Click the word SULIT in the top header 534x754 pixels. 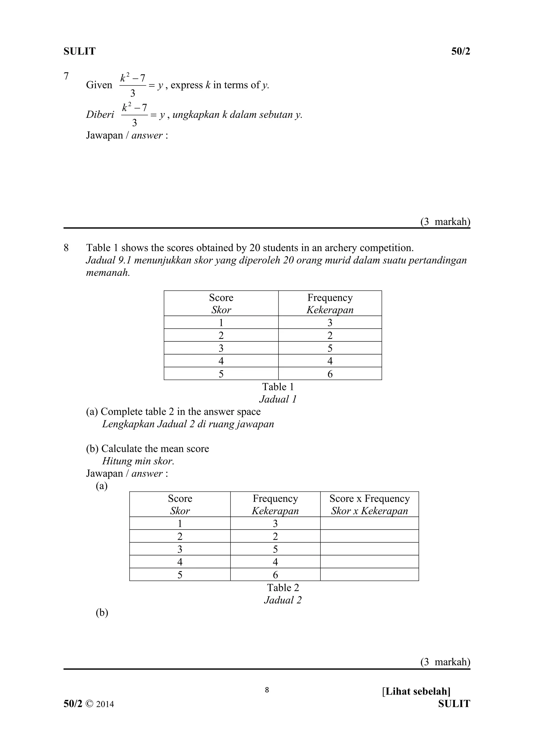pyautogui.click(x=79, y=51)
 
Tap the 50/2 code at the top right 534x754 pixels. pyautogui.click(x=460, y=51)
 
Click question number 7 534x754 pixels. pyautogui.click(x=66, y=76)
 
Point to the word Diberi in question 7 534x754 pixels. pyautogui.click(x=100, y=114)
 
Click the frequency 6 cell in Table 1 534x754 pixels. pyautogui.click(x=330, y=374)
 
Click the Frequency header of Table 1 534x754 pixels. pyautogui.click(x=330, y=297)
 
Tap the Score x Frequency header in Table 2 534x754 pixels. pyautogui.click(x=369, y=498)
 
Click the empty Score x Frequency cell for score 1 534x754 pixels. pyautogui.click(x=369, y=524)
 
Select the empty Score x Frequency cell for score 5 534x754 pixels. pyautogui.click(x=369, y=575)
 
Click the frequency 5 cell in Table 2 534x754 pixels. pyautogui.click(x=275, y=549)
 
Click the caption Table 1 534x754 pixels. pyautogui.click(x=278, y=387)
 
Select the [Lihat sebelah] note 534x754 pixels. pyautogui.click(x=416, y=691)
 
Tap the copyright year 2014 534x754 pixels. pyautogui.click(x=105, y=704)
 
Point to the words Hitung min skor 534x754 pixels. pyautogui.click(x=138, y=461)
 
